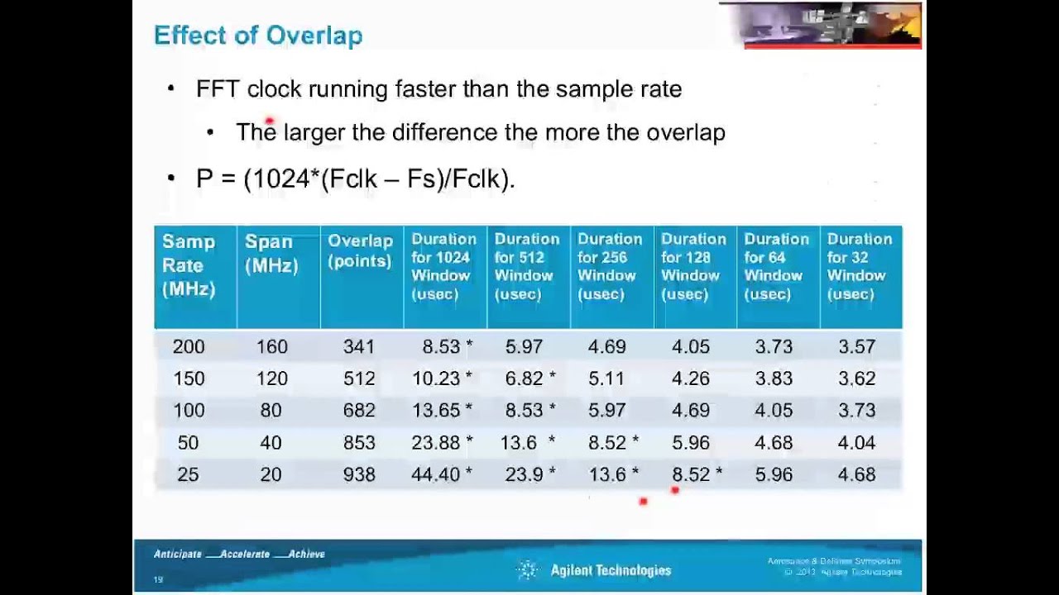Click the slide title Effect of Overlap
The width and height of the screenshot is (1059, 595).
coord(258,36)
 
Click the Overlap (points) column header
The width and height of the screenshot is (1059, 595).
coord(360,250)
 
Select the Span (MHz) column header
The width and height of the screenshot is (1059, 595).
coord(271,253)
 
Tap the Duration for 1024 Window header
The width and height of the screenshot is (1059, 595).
coord(444,266)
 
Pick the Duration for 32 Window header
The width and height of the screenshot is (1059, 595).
coord(860,266)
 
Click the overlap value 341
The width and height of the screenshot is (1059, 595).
coord(359,347)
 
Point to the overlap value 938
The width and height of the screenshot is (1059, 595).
coord(359,474)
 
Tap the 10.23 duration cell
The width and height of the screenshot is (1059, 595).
coord(436,378)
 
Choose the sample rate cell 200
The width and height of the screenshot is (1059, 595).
coord(189,347)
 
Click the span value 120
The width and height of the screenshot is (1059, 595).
coord(271,378)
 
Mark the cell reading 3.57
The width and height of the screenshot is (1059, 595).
coord(856,347)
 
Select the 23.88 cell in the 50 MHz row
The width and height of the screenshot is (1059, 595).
coord(436,443)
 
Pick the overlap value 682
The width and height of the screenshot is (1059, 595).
coord(359,411)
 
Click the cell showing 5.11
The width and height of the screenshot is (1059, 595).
coord(606,378)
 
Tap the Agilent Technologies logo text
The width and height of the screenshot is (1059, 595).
coord(611,570)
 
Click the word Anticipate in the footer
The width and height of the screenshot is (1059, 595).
coord(178,554)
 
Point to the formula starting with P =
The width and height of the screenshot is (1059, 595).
coord(355,178)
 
